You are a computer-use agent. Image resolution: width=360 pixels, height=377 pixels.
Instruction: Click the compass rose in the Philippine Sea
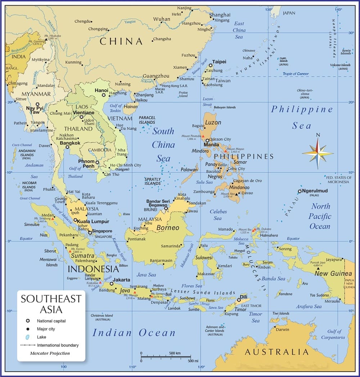tap(318, 152)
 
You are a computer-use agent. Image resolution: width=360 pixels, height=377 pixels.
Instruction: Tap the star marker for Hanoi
tap(104, 95)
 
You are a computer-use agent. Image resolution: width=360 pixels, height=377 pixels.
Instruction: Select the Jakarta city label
tap(121, 280)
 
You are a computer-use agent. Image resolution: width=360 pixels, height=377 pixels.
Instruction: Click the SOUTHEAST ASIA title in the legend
tap(51, 304)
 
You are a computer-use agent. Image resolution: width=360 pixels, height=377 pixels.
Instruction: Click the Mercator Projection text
tap(50, 353)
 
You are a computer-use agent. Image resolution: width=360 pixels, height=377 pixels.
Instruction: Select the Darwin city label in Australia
tap(282, 329)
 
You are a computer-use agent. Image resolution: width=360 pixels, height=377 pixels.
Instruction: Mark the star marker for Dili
tap(239, 300)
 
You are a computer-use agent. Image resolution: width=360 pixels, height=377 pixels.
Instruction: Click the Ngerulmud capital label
tap(315, 191)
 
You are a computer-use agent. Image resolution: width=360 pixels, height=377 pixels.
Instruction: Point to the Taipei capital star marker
tap(211, 66)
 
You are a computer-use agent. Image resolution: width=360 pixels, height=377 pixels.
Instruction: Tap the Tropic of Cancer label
tap(296, 74)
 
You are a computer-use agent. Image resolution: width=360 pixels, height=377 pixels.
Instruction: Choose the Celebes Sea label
tap(218, 215)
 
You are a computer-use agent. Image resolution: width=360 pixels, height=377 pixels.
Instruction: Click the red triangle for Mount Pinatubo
tap(202, 137)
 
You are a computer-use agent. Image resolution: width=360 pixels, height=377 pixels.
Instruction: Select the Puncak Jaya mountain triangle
tap(318, 268)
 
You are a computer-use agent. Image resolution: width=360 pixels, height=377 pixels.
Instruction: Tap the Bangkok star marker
tap(67, 147)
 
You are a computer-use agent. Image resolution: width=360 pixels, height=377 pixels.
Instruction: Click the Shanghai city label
tap(220, 15)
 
